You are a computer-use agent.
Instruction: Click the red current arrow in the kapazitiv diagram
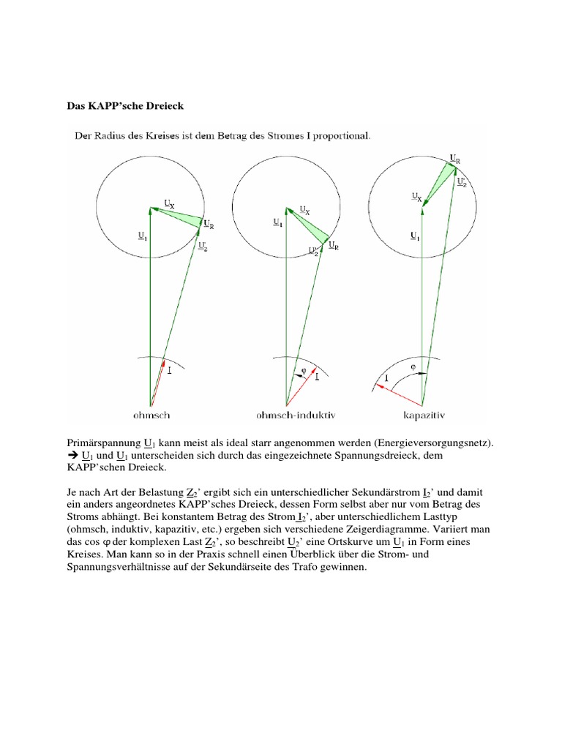399,393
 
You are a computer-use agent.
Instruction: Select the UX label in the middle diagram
303,209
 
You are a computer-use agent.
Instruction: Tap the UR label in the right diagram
455,159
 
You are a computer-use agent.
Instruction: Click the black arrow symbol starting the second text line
73,456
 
